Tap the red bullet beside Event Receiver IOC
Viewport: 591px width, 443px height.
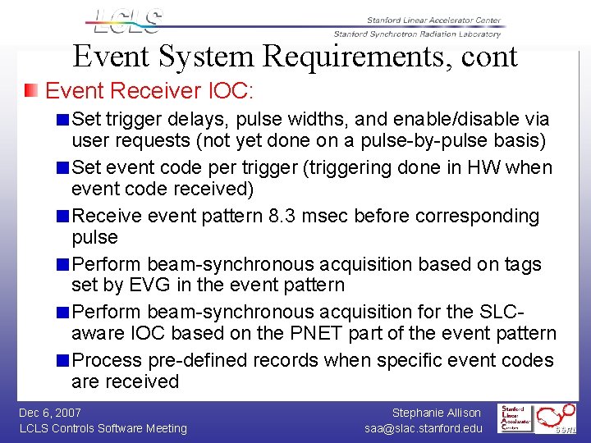click(x=30, y=89)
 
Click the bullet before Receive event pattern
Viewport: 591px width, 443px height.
click(x=63, y=217)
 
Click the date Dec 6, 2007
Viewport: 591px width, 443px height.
click(x=50, y=413)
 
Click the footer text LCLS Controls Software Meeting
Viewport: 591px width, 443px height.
click(x=103, y=428)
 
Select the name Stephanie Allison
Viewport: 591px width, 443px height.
click(x=436, y=413)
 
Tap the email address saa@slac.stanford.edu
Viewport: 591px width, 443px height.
click(x=424, y=428)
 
